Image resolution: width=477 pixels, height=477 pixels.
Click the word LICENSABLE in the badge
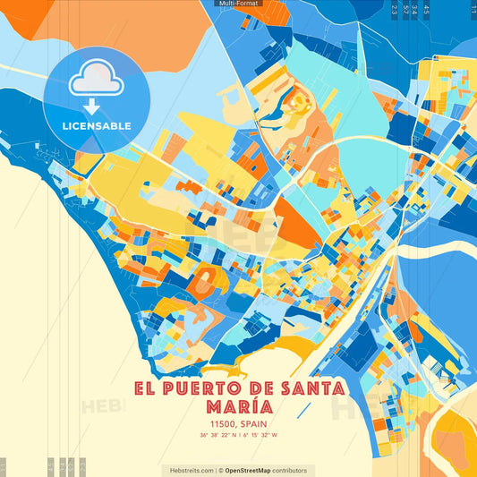coord(96,125)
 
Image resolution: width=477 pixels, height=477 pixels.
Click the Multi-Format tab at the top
coord(238,4)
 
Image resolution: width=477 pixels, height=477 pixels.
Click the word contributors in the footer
coord(290,470)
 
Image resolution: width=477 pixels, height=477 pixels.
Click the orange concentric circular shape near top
coord(297,104)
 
